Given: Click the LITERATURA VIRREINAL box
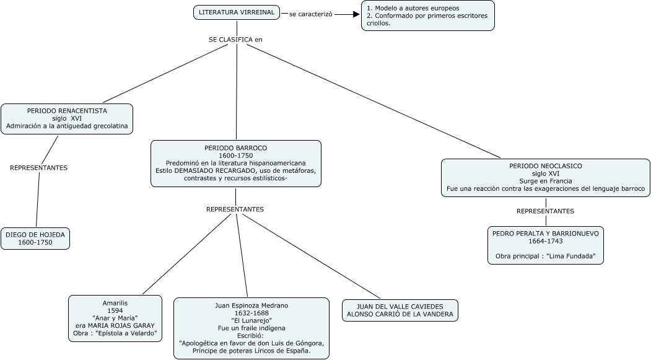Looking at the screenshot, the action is (x=237, y=12).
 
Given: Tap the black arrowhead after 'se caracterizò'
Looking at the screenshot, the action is (x=356, y=14).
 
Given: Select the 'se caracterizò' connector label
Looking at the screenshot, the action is (x=310, y=14).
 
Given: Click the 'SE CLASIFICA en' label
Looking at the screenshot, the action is (x=235, y=40).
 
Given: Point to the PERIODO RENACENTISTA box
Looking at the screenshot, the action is (x=67, y=119).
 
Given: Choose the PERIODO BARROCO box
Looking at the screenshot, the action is (x=236, y=164).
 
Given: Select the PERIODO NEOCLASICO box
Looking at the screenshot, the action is (x=546, y=178).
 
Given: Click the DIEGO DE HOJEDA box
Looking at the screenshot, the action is (x=35, y=239).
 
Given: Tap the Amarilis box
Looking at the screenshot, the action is (x=115, y=318).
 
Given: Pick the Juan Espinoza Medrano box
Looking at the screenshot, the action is (x=251, y=328).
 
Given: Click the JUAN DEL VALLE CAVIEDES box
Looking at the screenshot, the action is (x=400, y=310).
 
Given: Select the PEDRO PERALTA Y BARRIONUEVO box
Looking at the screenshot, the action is (x=546, y=245).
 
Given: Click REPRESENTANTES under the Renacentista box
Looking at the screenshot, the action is (x=38, y=168).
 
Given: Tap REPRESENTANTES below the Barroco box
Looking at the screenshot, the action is (x=235, y=209).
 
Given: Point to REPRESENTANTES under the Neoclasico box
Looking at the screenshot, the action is (x=545, y=211).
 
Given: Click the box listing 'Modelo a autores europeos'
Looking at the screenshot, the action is (x=428, y=15).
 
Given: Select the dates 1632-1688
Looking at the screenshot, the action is (x=251, y=313).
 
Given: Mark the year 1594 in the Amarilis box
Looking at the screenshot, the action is (x=115, y=310).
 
